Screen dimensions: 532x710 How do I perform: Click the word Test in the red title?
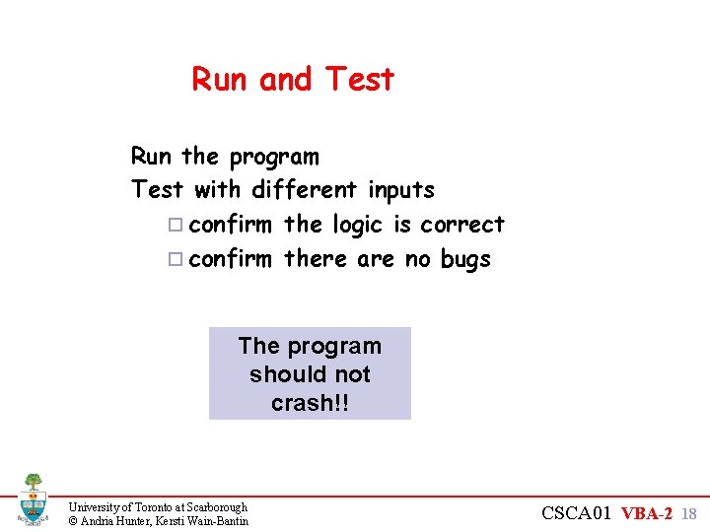(x=359, y=79)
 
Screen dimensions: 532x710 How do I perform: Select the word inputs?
(x=400, y=189)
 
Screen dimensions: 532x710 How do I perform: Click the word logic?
(x=356, y=225)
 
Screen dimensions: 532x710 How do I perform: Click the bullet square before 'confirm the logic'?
(x=175, y=226)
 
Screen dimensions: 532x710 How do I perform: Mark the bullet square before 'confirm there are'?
(x=175, y=260)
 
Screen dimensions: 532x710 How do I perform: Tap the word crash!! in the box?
(x=310, y=404)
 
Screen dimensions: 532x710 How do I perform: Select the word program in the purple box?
(x=333, y=346)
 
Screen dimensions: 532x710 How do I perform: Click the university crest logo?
(x=33, y=499)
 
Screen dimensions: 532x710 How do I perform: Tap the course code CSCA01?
(x=578, y=512)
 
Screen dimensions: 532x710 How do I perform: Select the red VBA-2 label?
(x=648, y=512)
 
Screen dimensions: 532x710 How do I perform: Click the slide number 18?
(x=689, y=513)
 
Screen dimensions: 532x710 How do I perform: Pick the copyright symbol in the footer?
(x=72, y=520)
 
